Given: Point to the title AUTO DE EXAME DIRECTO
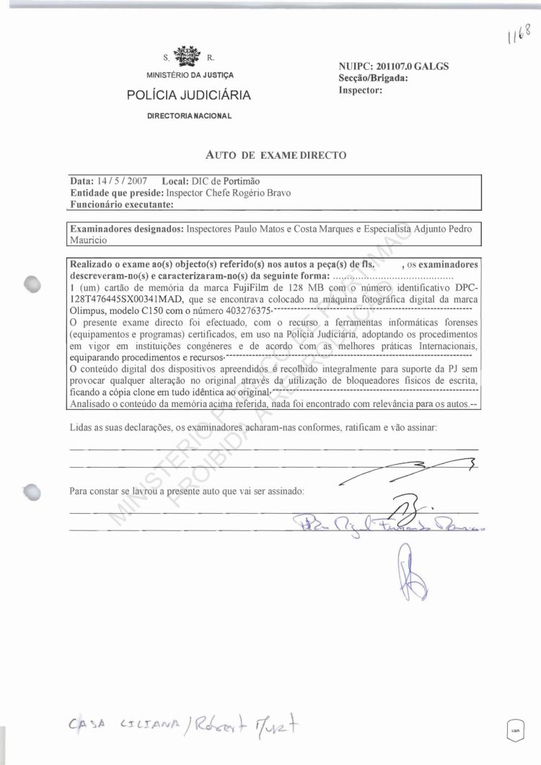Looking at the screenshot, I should [276, 154].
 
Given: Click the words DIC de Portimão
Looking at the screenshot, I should [225, 181].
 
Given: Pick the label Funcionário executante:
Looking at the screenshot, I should [122, 205].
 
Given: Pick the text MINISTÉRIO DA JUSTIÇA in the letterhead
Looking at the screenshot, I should [190, 75].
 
